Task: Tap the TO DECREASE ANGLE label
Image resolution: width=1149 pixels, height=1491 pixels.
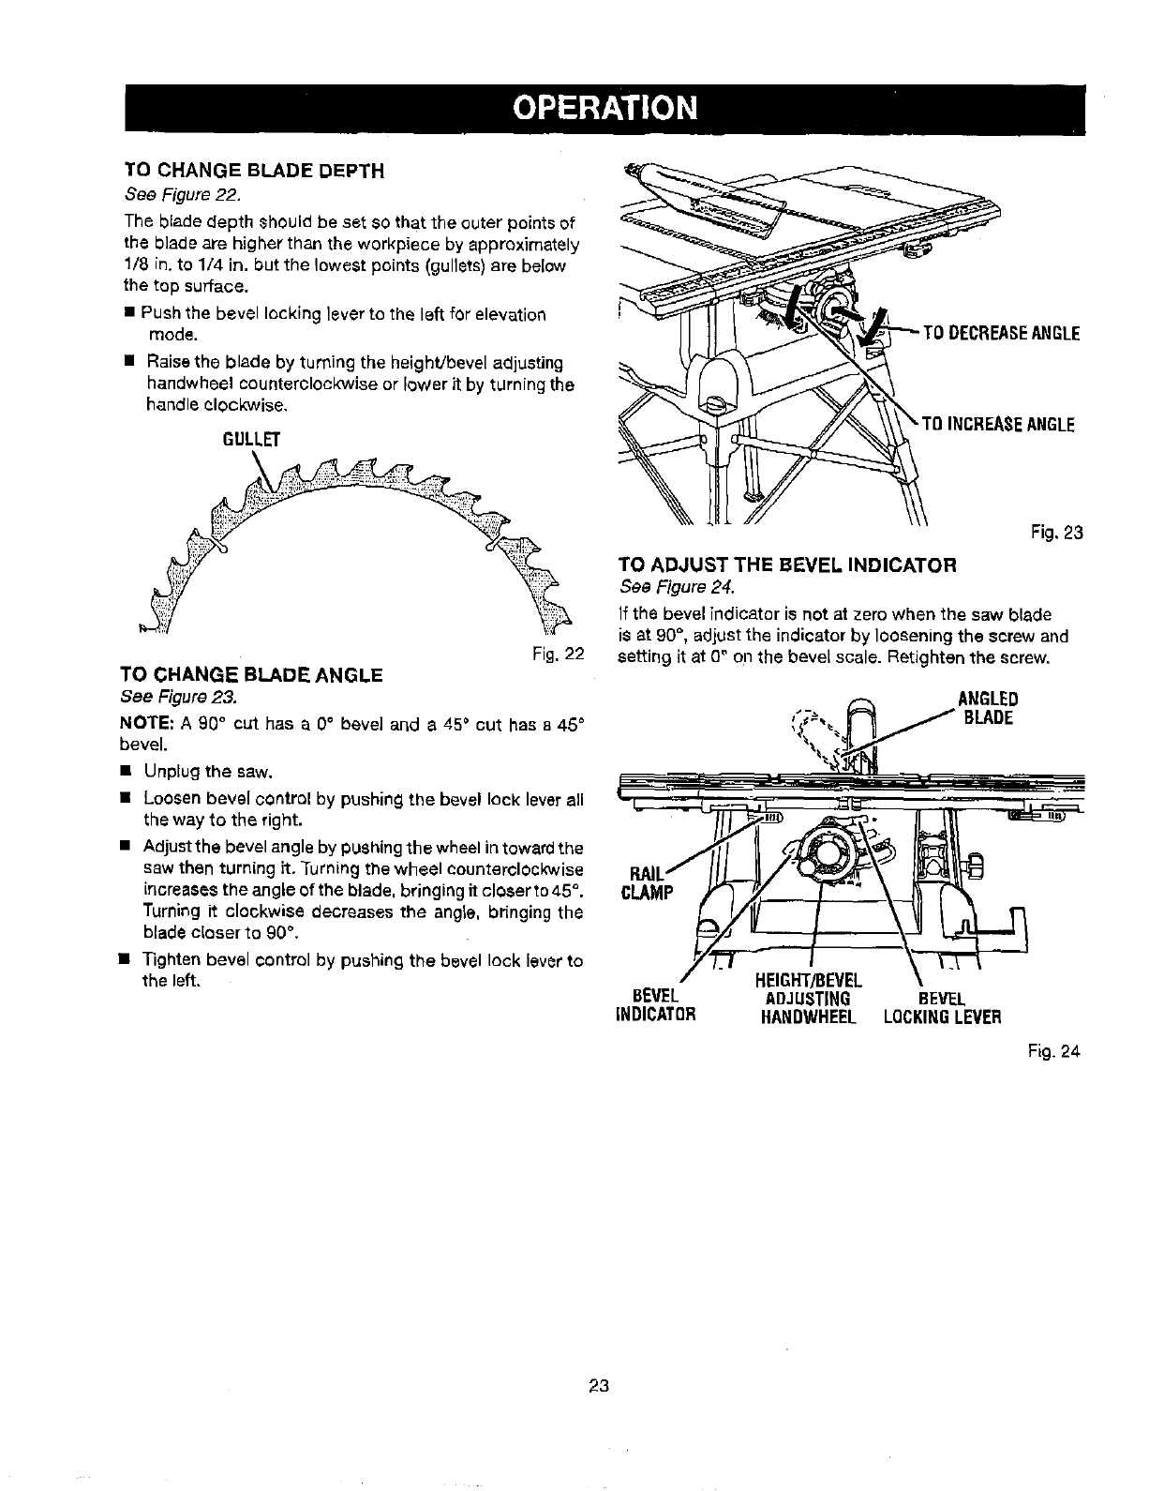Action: (x=1002, y=334)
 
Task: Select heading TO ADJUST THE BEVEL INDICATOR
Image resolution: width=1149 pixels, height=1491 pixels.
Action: (x=787, y=565)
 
